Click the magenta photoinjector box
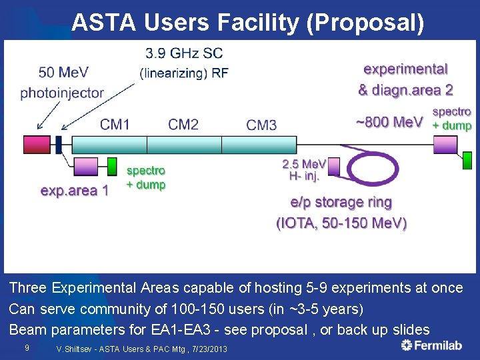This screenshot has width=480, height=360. coord(37,145)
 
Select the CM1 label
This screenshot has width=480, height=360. coord(115,124)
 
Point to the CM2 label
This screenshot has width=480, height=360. coord(183,124)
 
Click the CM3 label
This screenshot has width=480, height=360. coord(261,125)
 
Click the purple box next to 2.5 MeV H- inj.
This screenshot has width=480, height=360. coord(333,166)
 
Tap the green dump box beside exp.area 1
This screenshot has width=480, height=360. coord(112,167)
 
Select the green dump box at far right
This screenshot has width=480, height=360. coord(467,161)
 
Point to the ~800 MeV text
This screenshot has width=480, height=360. coord(389,122)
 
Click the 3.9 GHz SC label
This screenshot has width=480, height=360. coord(184,53)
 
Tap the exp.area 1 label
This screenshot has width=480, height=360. coord(75,191)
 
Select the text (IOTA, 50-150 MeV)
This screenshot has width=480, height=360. coord(341,223)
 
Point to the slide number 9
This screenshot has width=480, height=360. coord(26,347)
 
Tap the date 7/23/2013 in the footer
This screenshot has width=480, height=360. coord(205,349)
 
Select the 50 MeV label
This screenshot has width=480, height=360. coord(63,72)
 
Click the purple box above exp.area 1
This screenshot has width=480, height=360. coord(85,167)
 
